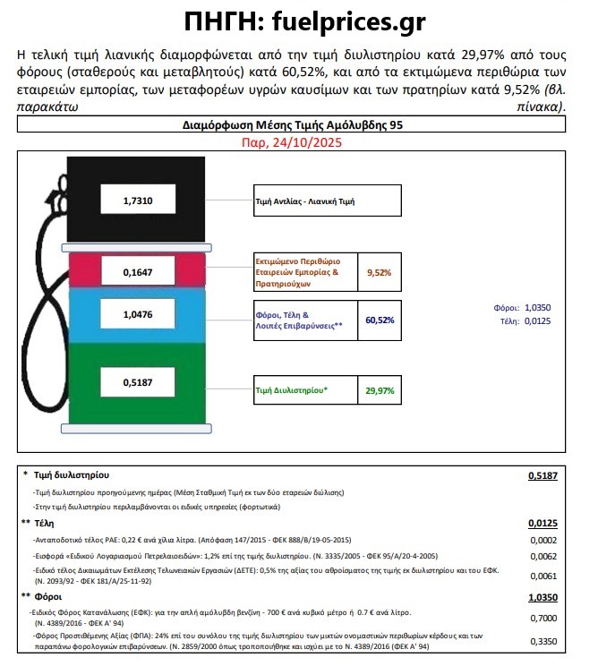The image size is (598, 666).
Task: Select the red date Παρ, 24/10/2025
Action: pos(293,142)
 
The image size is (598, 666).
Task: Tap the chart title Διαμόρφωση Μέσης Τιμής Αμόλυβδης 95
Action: pos(293,126)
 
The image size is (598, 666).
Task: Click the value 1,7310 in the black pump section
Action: pos(138,202)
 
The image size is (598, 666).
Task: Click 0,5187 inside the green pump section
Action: pos(138,383)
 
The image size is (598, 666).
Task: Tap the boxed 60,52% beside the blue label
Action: pos(380,320)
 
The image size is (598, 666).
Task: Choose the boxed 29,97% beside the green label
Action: pos(380,390)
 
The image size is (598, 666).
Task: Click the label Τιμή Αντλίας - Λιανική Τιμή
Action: pos(305,202)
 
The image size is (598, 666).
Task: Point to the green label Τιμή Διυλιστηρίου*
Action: pos(292,390)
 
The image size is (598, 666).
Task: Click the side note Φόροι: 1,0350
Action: pos(519,305)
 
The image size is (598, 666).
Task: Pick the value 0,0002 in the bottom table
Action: pos(543,541)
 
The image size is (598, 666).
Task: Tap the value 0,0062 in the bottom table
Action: pos(543,557)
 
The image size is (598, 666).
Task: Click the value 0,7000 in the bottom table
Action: pos(543,618)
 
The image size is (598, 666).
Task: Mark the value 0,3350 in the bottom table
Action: pos(543,641)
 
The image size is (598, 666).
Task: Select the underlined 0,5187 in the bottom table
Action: pos(541,475)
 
